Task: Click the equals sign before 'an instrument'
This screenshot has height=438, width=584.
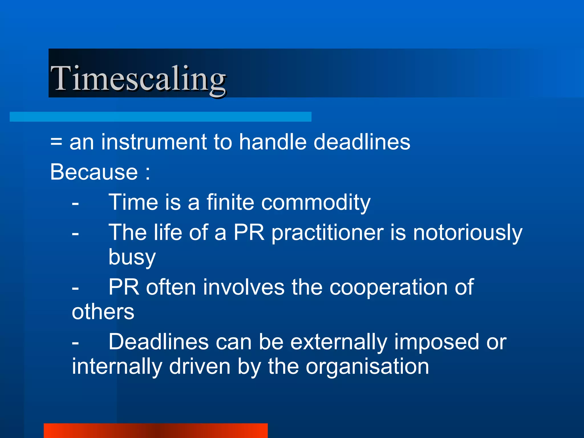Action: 56,142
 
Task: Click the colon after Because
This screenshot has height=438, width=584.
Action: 147,173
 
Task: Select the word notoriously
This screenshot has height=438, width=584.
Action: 468,233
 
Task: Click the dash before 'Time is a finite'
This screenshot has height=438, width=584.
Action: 75,204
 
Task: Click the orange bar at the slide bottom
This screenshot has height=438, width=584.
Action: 155,431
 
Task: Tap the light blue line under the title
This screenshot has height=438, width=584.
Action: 160,117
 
